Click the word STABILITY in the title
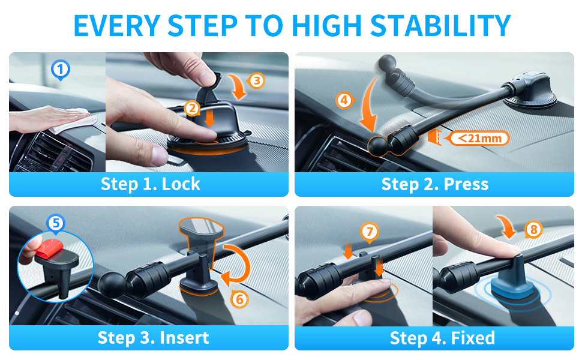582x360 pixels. point(440,25)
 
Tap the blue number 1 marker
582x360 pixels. point(61,70)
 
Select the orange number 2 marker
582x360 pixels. point(193,109)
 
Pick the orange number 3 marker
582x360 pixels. point(256,80)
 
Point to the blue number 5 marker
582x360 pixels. point(56,223)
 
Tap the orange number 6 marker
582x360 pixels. point(240,299)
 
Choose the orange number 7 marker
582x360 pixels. point(370,232)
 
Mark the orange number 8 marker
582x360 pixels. point(534,230)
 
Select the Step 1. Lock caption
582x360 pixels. point(151,184)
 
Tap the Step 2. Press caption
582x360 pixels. point(435,184)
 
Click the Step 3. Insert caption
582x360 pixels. point(153,338)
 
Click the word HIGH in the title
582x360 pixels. point(326,25)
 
